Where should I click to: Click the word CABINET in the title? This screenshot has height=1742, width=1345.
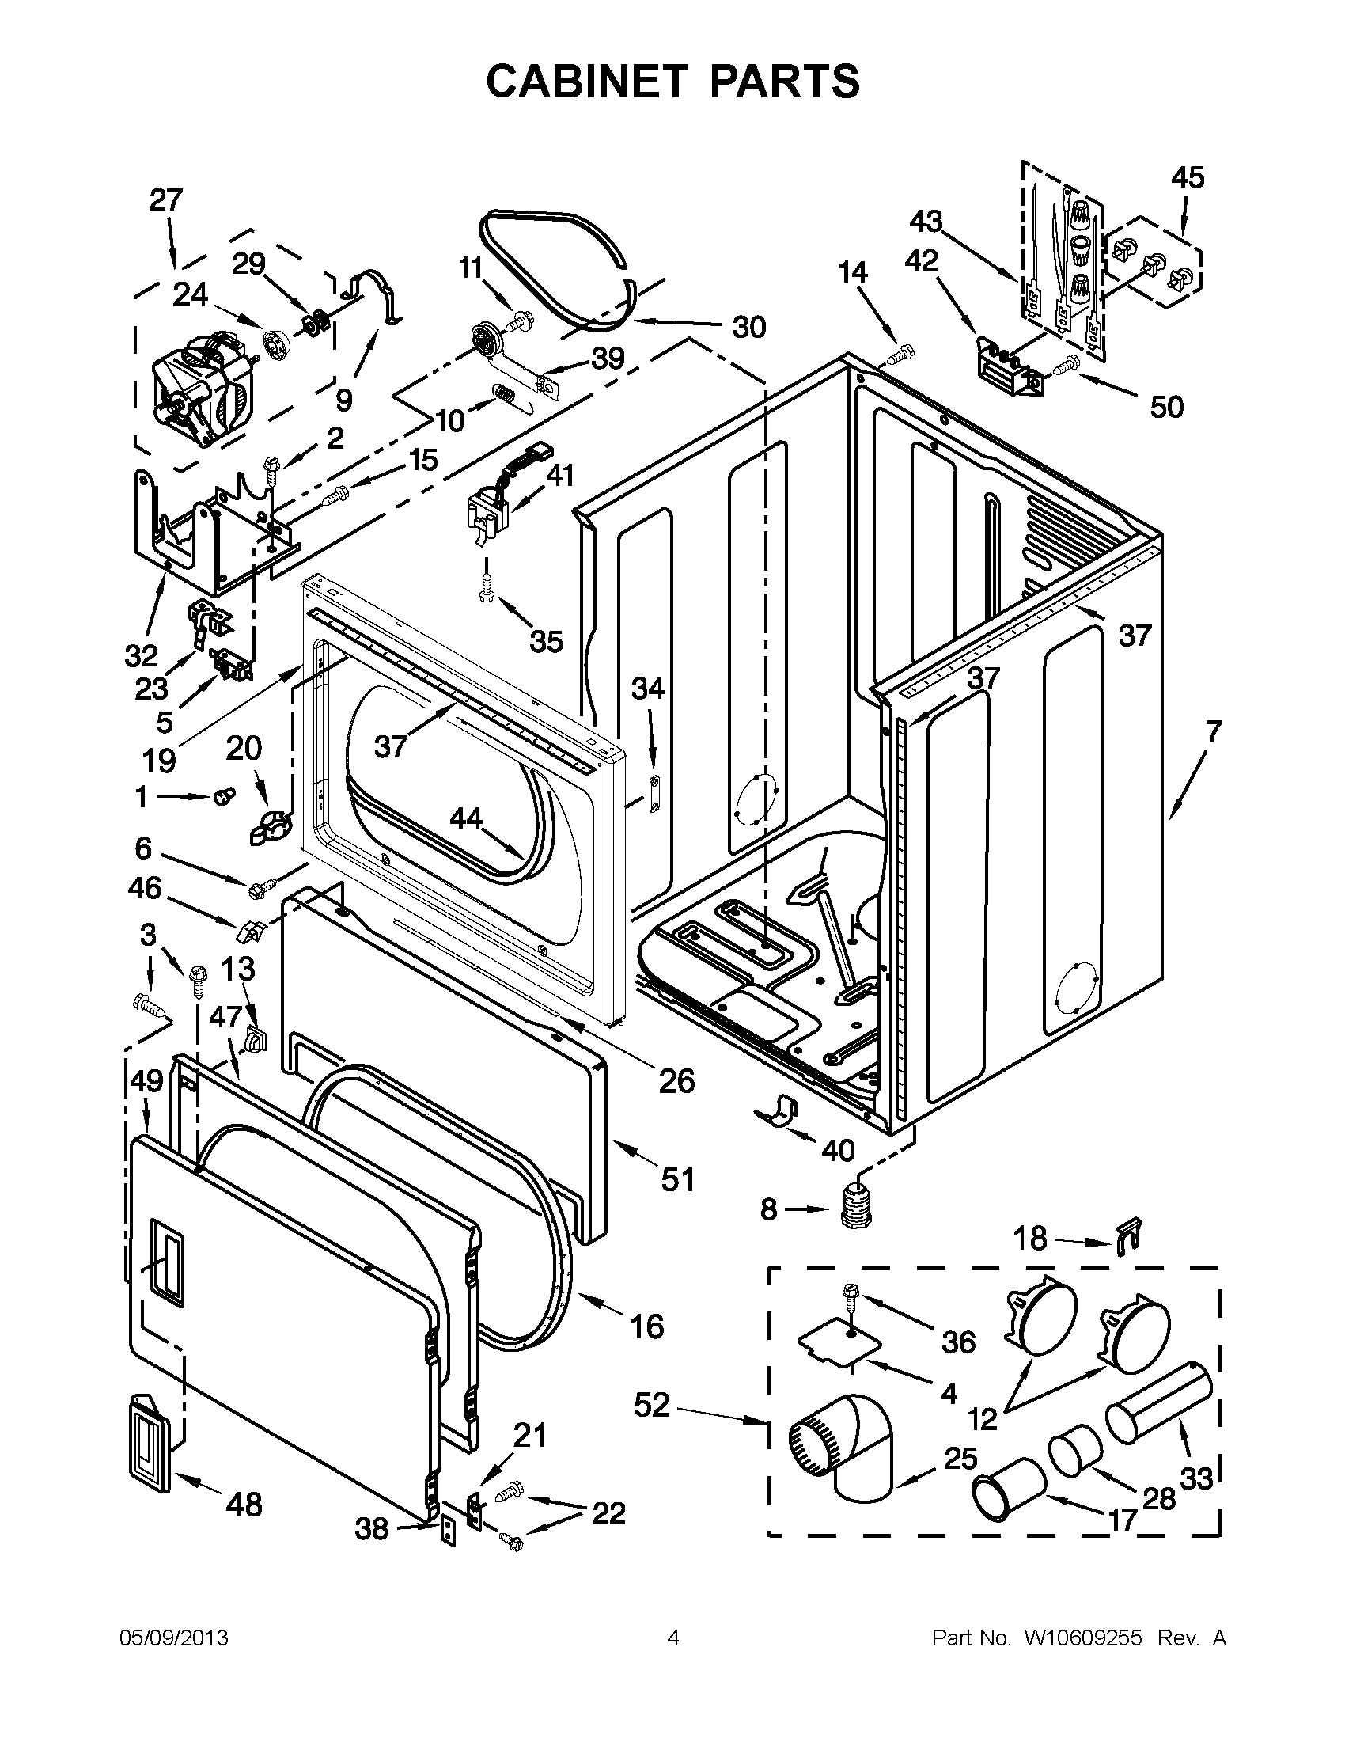coord(586,81)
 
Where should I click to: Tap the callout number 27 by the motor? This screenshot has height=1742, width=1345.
coord(166,199)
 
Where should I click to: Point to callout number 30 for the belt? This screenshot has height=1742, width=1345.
coord(748,327)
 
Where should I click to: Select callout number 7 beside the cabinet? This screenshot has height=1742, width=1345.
coord(1213,731)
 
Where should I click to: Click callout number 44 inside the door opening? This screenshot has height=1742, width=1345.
coord(467,818)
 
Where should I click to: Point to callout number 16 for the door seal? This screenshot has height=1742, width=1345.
coord(646,1326)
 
